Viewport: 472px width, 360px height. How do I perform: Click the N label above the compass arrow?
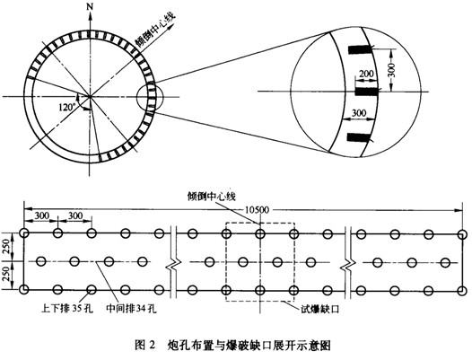(90, 6)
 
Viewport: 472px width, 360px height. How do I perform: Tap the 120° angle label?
(67, 107)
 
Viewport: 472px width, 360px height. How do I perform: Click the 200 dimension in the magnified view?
(366, 74)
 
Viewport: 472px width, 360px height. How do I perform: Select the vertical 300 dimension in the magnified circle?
(391, 70)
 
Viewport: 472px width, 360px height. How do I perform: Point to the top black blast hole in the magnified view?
(360, 49)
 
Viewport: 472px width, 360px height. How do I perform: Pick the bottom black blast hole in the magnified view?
(358, 137)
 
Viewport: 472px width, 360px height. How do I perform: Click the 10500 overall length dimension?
(257, 210)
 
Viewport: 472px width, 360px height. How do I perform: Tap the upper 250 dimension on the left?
(6, 247)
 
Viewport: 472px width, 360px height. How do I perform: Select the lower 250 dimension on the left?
(6, 275)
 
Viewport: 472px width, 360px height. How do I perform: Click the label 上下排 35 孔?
(67, 309)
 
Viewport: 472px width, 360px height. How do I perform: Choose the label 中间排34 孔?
(131, 309)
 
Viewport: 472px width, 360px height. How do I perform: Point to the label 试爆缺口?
(320, 309)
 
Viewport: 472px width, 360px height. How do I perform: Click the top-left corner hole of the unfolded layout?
(24, 233)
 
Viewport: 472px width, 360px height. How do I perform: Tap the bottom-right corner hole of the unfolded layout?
(462, 291)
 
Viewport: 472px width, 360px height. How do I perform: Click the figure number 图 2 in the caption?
(144, 345)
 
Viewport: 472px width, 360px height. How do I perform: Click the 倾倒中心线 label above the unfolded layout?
(211, 197)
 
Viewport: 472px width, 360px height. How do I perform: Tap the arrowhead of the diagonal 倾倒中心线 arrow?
(172, 26)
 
